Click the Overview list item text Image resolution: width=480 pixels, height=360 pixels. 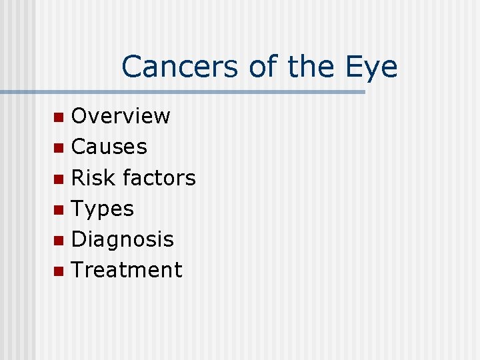tap(121, 116)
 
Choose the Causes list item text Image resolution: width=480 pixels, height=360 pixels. tap(109, 147)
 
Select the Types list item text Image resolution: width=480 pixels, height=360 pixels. tap(102, 209)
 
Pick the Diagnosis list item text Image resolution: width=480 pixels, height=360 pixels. tap(122, 239)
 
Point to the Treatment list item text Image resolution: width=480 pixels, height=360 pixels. tap(126, 270)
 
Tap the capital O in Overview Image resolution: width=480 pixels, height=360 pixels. tap(81, 116)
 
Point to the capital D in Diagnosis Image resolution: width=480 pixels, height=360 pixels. tap(80, 239)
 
